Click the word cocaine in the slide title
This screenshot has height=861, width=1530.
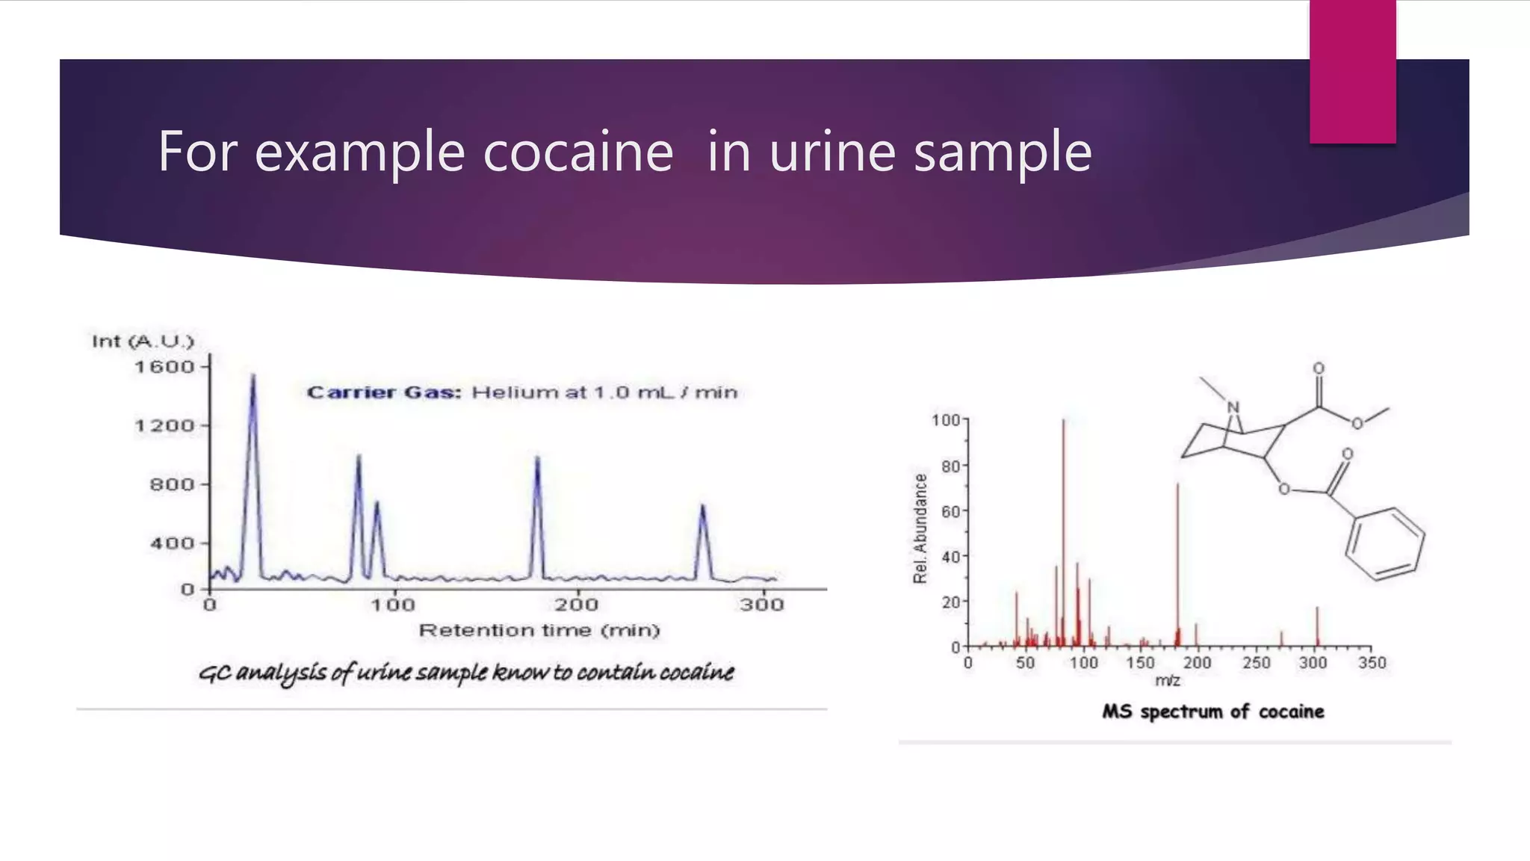[x=578, y=152]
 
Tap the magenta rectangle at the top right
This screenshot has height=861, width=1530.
[x=1352, y=71]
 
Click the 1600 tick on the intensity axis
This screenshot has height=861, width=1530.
[x=164, y=367]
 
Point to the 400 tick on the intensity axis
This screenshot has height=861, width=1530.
[x=172, y=543]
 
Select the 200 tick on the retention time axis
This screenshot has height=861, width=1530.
[x=576, y=604]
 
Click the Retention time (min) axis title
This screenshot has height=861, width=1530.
[x=539, y=631]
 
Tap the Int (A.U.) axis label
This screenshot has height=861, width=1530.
[x=143, y=342]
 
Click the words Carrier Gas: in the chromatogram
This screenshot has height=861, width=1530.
[x=384, y=392]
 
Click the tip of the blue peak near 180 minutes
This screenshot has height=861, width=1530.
[x=537, y=458]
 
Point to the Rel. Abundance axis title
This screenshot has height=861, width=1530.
[x=920, y=528]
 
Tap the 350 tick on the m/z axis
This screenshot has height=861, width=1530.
[x=1372, y=663]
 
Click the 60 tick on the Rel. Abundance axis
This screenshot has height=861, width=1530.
[x=950, y=512]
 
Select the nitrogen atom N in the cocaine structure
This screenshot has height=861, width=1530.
[x=1233, y=407]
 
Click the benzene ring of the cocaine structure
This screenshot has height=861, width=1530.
[x=1384, y=543]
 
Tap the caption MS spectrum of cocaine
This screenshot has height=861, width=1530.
[x=1212, y=712]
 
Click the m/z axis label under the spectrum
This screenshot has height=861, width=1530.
[x=1168, y=681]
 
